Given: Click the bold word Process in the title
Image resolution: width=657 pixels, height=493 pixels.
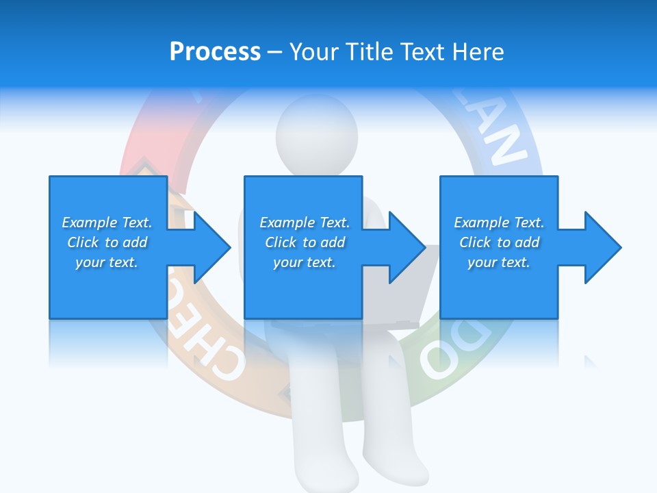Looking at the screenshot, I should tap(215, 51).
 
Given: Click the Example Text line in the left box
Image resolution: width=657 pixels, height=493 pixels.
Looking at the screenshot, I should tap(107, 223).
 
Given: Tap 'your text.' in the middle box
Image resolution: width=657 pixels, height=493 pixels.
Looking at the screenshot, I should tap(304, 262).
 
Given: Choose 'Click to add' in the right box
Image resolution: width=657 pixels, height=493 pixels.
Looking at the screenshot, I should tap(499, 242).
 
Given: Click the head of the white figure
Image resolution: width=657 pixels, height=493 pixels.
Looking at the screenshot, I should tap(316, 134).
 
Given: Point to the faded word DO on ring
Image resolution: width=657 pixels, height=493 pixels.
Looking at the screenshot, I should tap(452, 353).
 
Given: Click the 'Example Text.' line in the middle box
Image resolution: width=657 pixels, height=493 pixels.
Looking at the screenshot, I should tap(304, 223).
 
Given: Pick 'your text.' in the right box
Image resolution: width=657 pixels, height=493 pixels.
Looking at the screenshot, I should tap(499, 262).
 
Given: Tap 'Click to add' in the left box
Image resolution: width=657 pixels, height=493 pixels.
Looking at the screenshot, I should tap(107, 242).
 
